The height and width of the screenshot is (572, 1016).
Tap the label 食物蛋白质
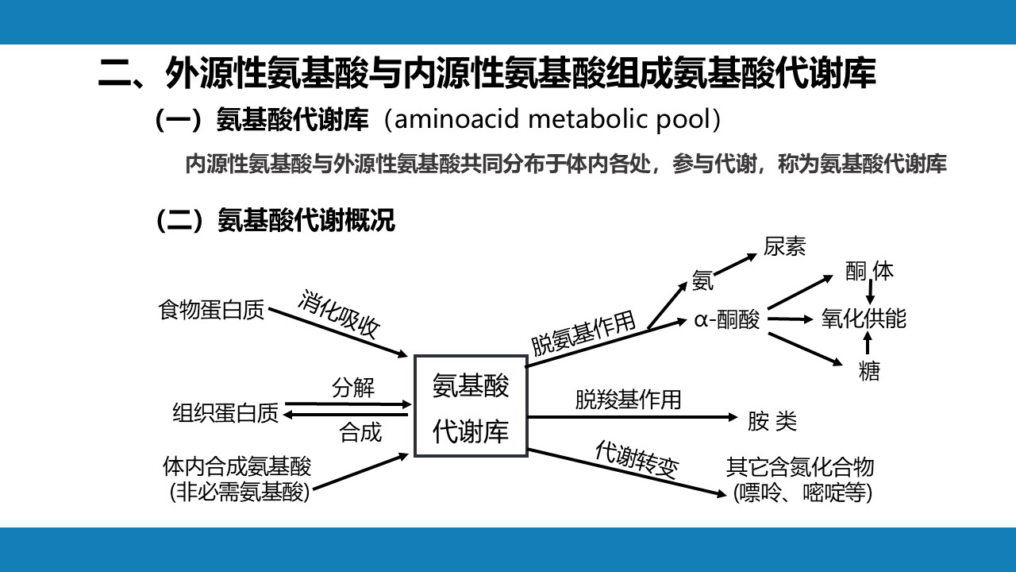(x=211, y=311)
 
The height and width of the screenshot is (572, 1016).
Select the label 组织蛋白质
(x=225, y=413)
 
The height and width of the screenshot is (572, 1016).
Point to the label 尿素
(x=784, y=246)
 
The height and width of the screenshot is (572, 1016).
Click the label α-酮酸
(x=726, y=319)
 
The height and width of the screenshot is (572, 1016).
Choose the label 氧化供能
(x=864, y=319)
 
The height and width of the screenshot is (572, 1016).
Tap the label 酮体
(x=869, y=271)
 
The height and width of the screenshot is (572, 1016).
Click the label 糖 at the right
(x=869, y=371)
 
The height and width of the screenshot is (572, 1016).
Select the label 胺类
(x=772, y=421)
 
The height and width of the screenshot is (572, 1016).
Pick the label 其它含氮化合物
(x=800, y=467)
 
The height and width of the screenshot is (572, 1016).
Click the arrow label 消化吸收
(x=338, y=314)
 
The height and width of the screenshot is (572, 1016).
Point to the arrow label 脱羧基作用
(x=628, y=400)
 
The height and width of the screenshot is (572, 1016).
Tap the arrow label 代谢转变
(x=637, y=459)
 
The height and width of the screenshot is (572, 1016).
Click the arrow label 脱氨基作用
(x=583, y=334)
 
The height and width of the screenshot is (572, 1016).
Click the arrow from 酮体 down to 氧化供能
(x=870, y=292)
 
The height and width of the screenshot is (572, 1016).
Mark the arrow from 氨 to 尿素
(x=736, y=265)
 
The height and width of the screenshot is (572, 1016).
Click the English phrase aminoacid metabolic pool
(x=552, y=119)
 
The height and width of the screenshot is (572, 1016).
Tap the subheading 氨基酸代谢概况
(x=306, y=220)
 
